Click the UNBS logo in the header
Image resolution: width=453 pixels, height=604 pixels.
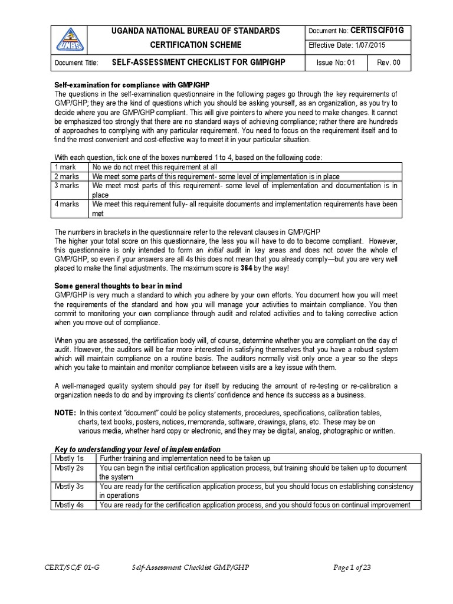[x=70, y=40]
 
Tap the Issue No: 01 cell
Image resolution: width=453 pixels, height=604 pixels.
[x=336, y=63]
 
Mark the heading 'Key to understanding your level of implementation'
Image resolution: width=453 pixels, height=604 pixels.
[x=137, y=449]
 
